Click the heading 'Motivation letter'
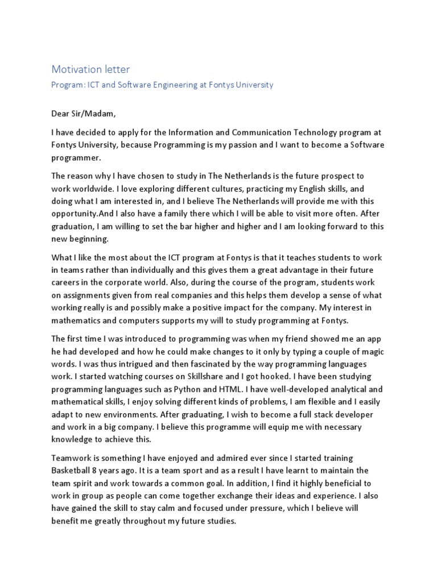pyautogui.click(x=91, y=69)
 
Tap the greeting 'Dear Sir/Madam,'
pyautogui.click(x=84, y=114)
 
